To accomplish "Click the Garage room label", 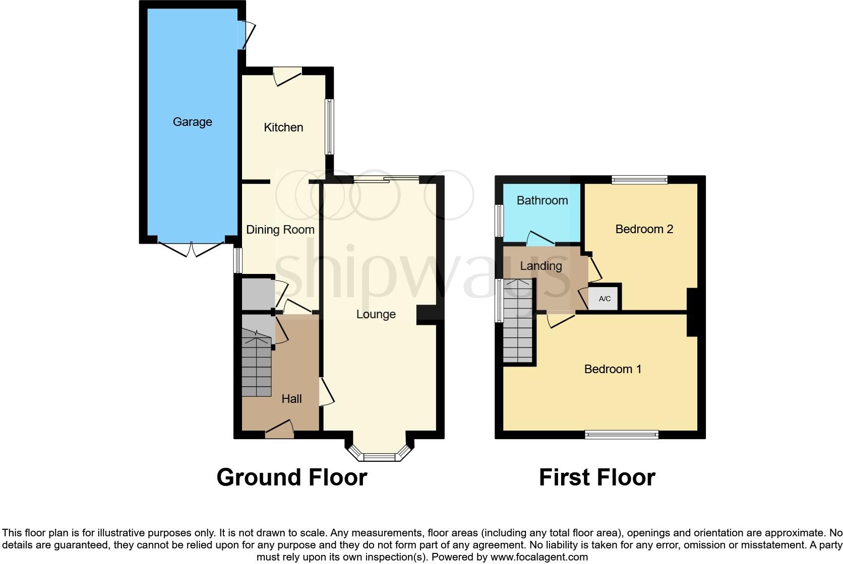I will click(x=192, y=122).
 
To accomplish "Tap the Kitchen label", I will click(x=283, y=127).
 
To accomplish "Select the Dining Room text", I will click(x=280, y=230).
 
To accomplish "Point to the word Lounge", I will click(x=376, y=314).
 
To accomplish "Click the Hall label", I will click(x=291, y=399).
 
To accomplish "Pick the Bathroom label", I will click(x=542, y=200).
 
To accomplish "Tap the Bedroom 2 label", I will click(x=644, y=229).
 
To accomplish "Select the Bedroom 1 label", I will click(x=613, y=369).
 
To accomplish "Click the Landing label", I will click(x=540, y=266).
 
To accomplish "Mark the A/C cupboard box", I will click(x=605, y=299).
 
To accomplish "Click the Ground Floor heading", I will click(x=291, y=477).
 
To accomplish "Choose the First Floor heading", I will click(x=597, y=477).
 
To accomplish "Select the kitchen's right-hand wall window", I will click(x=329, y=126).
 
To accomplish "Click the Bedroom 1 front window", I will click(x=621, y=434).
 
